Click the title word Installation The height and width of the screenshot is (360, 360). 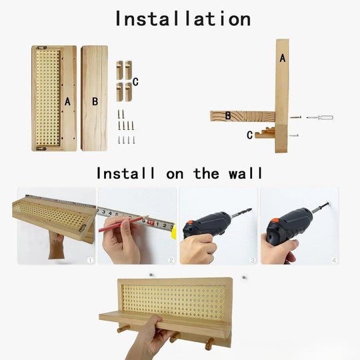[183, 18]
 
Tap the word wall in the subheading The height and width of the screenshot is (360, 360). [244, 174]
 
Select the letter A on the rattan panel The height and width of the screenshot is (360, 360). [67, 102]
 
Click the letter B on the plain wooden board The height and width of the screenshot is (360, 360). [95, 102]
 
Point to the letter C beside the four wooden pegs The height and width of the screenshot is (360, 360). [135, 82]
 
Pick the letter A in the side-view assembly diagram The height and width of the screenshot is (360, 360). [283, 59]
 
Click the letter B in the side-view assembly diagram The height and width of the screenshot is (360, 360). [228, 115]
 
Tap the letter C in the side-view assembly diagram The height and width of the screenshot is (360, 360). [249, 135]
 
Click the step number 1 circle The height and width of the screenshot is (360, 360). [90, 260]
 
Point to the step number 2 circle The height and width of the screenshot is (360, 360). [171, 260]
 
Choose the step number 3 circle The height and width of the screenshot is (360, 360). [252, 260]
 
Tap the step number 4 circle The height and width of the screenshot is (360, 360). [334, 260]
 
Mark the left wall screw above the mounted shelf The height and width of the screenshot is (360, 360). [152, 274]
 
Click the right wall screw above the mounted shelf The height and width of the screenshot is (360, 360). [245, 276]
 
